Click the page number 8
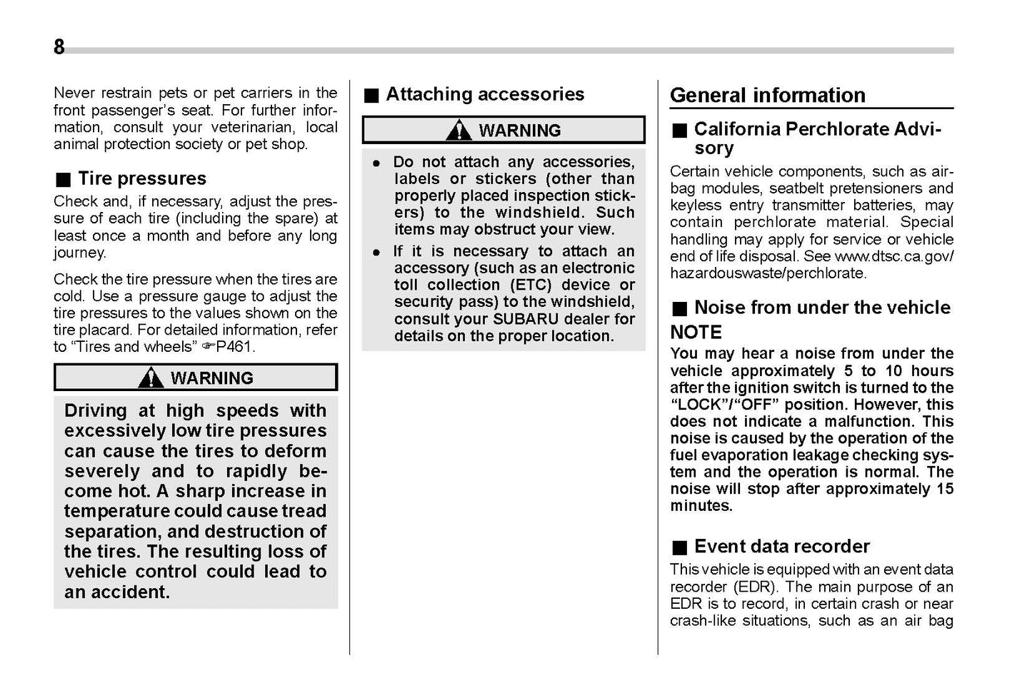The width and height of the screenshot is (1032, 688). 59,47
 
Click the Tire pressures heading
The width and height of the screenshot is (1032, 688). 141,178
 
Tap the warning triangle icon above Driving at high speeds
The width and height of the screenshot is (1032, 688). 151,378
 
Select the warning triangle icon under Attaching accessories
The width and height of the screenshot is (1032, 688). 459,131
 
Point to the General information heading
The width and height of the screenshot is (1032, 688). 767,95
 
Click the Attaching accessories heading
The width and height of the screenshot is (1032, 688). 484,94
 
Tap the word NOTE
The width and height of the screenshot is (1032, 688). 696,332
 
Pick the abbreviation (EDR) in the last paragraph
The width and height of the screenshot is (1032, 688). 755,587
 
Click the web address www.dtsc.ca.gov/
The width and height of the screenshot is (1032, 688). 893,256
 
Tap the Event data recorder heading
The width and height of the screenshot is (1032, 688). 781,547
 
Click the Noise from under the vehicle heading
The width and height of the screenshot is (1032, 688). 822,308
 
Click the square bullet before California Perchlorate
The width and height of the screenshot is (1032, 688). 679,131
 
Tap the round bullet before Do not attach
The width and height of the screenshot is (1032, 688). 376,163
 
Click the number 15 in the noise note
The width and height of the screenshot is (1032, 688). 944,489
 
